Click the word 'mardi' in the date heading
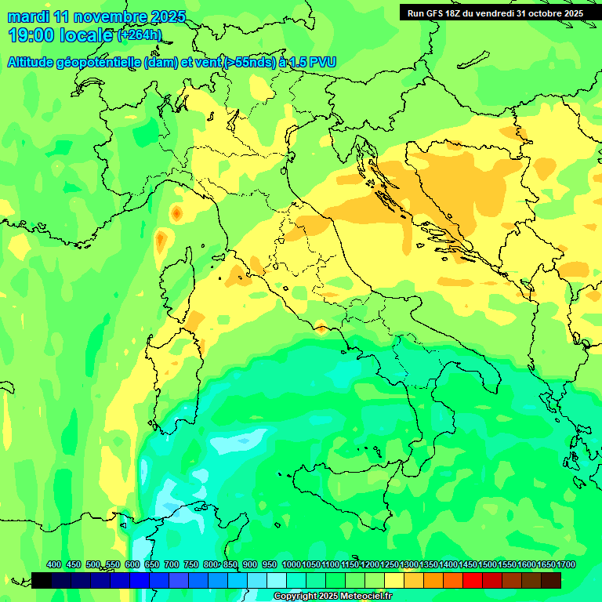tap(27, 16)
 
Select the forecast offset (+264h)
tap(140, 35)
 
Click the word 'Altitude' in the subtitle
tap(36, 63)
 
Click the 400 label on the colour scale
tap(54, 564)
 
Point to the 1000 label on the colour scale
tap(291, 564)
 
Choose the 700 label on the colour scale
tap(172, 564)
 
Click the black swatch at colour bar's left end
tap(42, 580)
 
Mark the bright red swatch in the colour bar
tap(473, 580)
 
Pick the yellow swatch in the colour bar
tap(394, 580)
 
